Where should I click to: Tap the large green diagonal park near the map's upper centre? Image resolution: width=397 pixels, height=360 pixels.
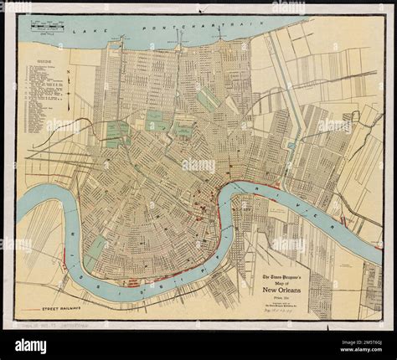[209, 100]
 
